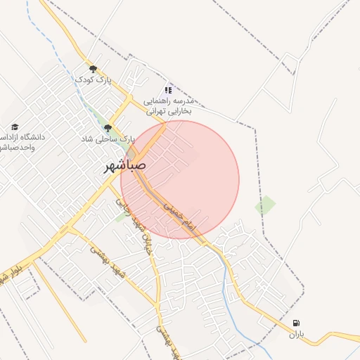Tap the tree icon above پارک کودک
[93, 69]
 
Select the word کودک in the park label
[83, 80]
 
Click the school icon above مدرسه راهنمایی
[168, 90]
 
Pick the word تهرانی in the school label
[156, 111]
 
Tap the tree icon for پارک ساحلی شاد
[108, 128]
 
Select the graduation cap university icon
[15, 127]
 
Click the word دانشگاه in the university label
[28, 136]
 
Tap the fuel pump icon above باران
[295, 323]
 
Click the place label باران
[295, 335]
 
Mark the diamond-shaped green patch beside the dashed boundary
[265, 205]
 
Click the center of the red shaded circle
[180, 180]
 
